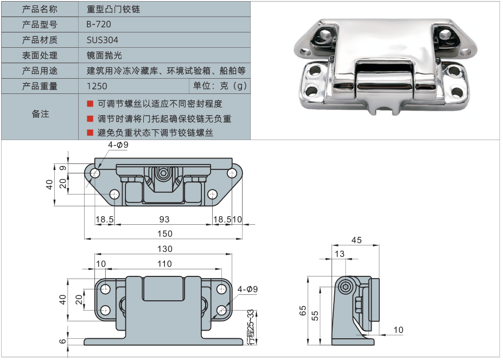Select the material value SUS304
102,40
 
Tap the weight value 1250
97,86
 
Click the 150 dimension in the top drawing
165,233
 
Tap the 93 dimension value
164,219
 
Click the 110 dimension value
164,264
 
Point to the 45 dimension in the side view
356,240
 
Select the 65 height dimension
303,311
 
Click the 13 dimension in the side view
340,254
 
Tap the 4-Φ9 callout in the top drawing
118,145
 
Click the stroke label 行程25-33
250,326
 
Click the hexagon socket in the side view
347,288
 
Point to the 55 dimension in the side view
315,315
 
